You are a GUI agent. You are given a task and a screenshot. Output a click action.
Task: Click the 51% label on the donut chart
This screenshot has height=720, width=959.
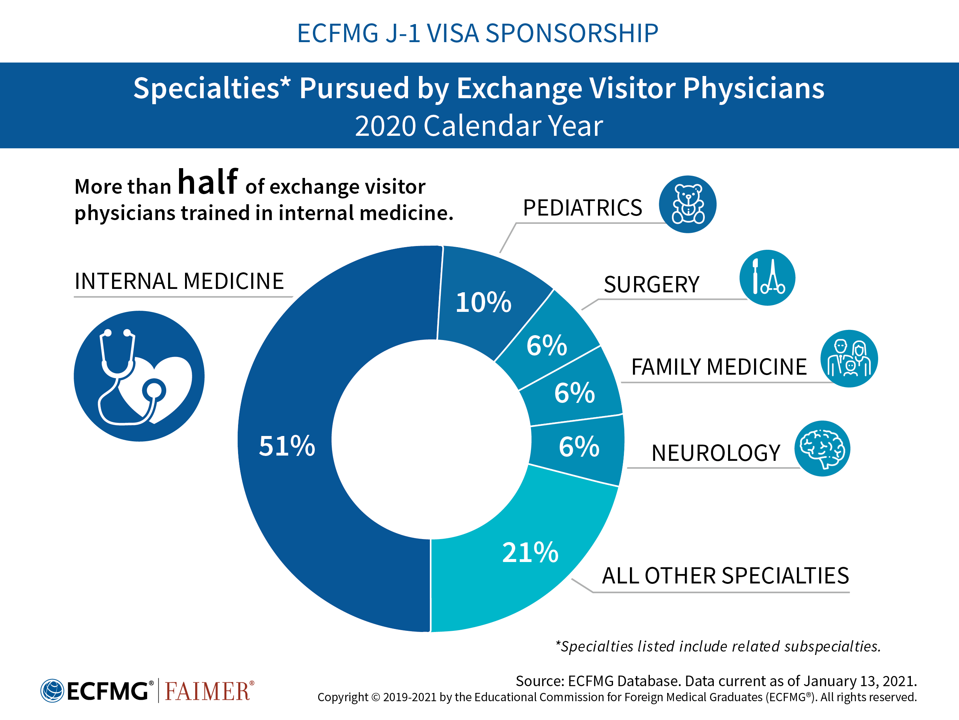click(x=287, y=446)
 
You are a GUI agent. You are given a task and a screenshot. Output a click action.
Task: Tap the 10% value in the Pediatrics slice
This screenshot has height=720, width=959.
click(x=483, y=302)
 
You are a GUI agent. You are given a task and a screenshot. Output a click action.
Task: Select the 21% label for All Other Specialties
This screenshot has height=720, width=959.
click(x=530, y=553)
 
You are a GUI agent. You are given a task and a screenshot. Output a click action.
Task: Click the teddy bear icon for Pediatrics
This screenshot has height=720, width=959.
click(x=687, y=204)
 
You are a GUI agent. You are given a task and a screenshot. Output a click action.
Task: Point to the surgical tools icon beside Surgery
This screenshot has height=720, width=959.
click(x=767, y=278)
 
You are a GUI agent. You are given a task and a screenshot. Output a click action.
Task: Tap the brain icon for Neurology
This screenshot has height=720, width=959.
click(x=822, y=448)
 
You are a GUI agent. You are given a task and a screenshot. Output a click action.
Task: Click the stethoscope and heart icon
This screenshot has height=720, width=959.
click(x=139, y=376)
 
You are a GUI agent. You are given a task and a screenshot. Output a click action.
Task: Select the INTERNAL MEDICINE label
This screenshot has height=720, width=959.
click(x=179, y=281)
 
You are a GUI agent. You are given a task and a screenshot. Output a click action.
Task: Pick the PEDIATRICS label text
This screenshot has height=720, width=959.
click(x=582, y=208)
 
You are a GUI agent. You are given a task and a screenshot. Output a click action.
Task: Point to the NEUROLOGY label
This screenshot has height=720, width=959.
click(x=716, y=453)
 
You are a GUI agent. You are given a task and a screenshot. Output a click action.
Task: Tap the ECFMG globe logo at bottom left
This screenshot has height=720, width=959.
click(x=52, y=691)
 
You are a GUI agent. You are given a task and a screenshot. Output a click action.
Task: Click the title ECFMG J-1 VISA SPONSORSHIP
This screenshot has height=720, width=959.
click(x=478, y=33)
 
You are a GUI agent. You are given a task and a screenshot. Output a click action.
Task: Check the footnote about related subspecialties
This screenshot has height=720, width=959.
click(x=718, y=646)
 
